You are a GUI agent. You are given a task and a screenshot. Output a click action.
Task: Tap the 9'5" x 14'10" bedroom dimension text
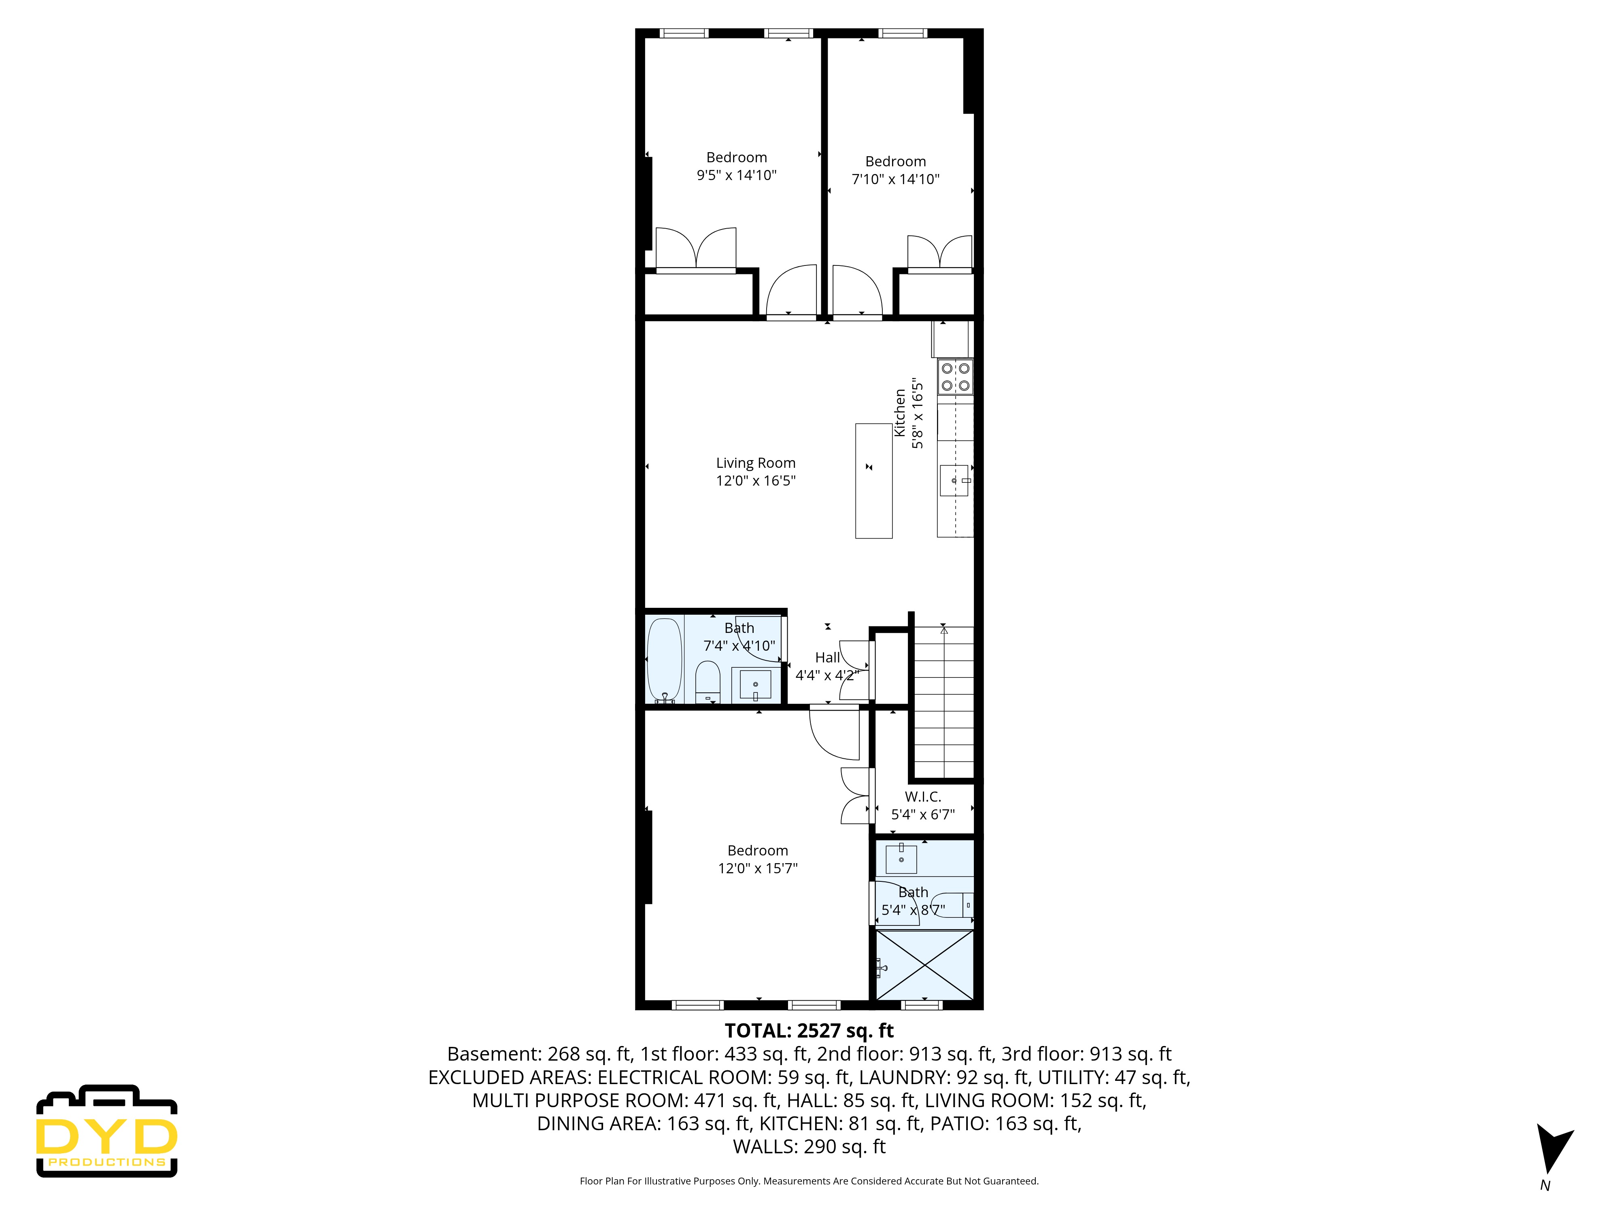[736, 175]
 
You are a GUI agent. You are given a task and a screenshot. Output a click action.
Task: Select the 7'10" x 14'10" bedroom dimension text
[895, 179]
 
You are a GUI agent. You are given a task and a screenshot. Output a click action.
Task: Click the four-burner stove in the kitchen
[955, 377]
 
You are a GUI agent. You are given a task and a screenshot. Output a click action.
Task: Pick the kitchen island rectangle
[874, 481]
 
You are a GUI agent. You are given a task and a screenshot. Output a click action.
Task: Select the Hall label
[828, 657]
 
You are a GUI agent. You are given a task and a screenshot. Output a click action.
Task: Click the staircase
[944, 703]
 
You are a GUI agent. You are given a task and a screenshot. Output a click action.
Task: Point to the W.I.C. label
[923, 797]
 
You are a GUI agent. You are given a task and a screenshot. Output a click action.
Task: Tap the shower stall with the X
[925, 964]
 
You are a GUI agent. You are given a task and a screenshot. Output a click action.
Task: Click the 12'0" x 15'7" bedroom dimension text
[758, 868]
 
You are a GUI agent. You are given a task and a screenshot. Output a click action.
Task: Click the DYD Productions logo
[107, 1131]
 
